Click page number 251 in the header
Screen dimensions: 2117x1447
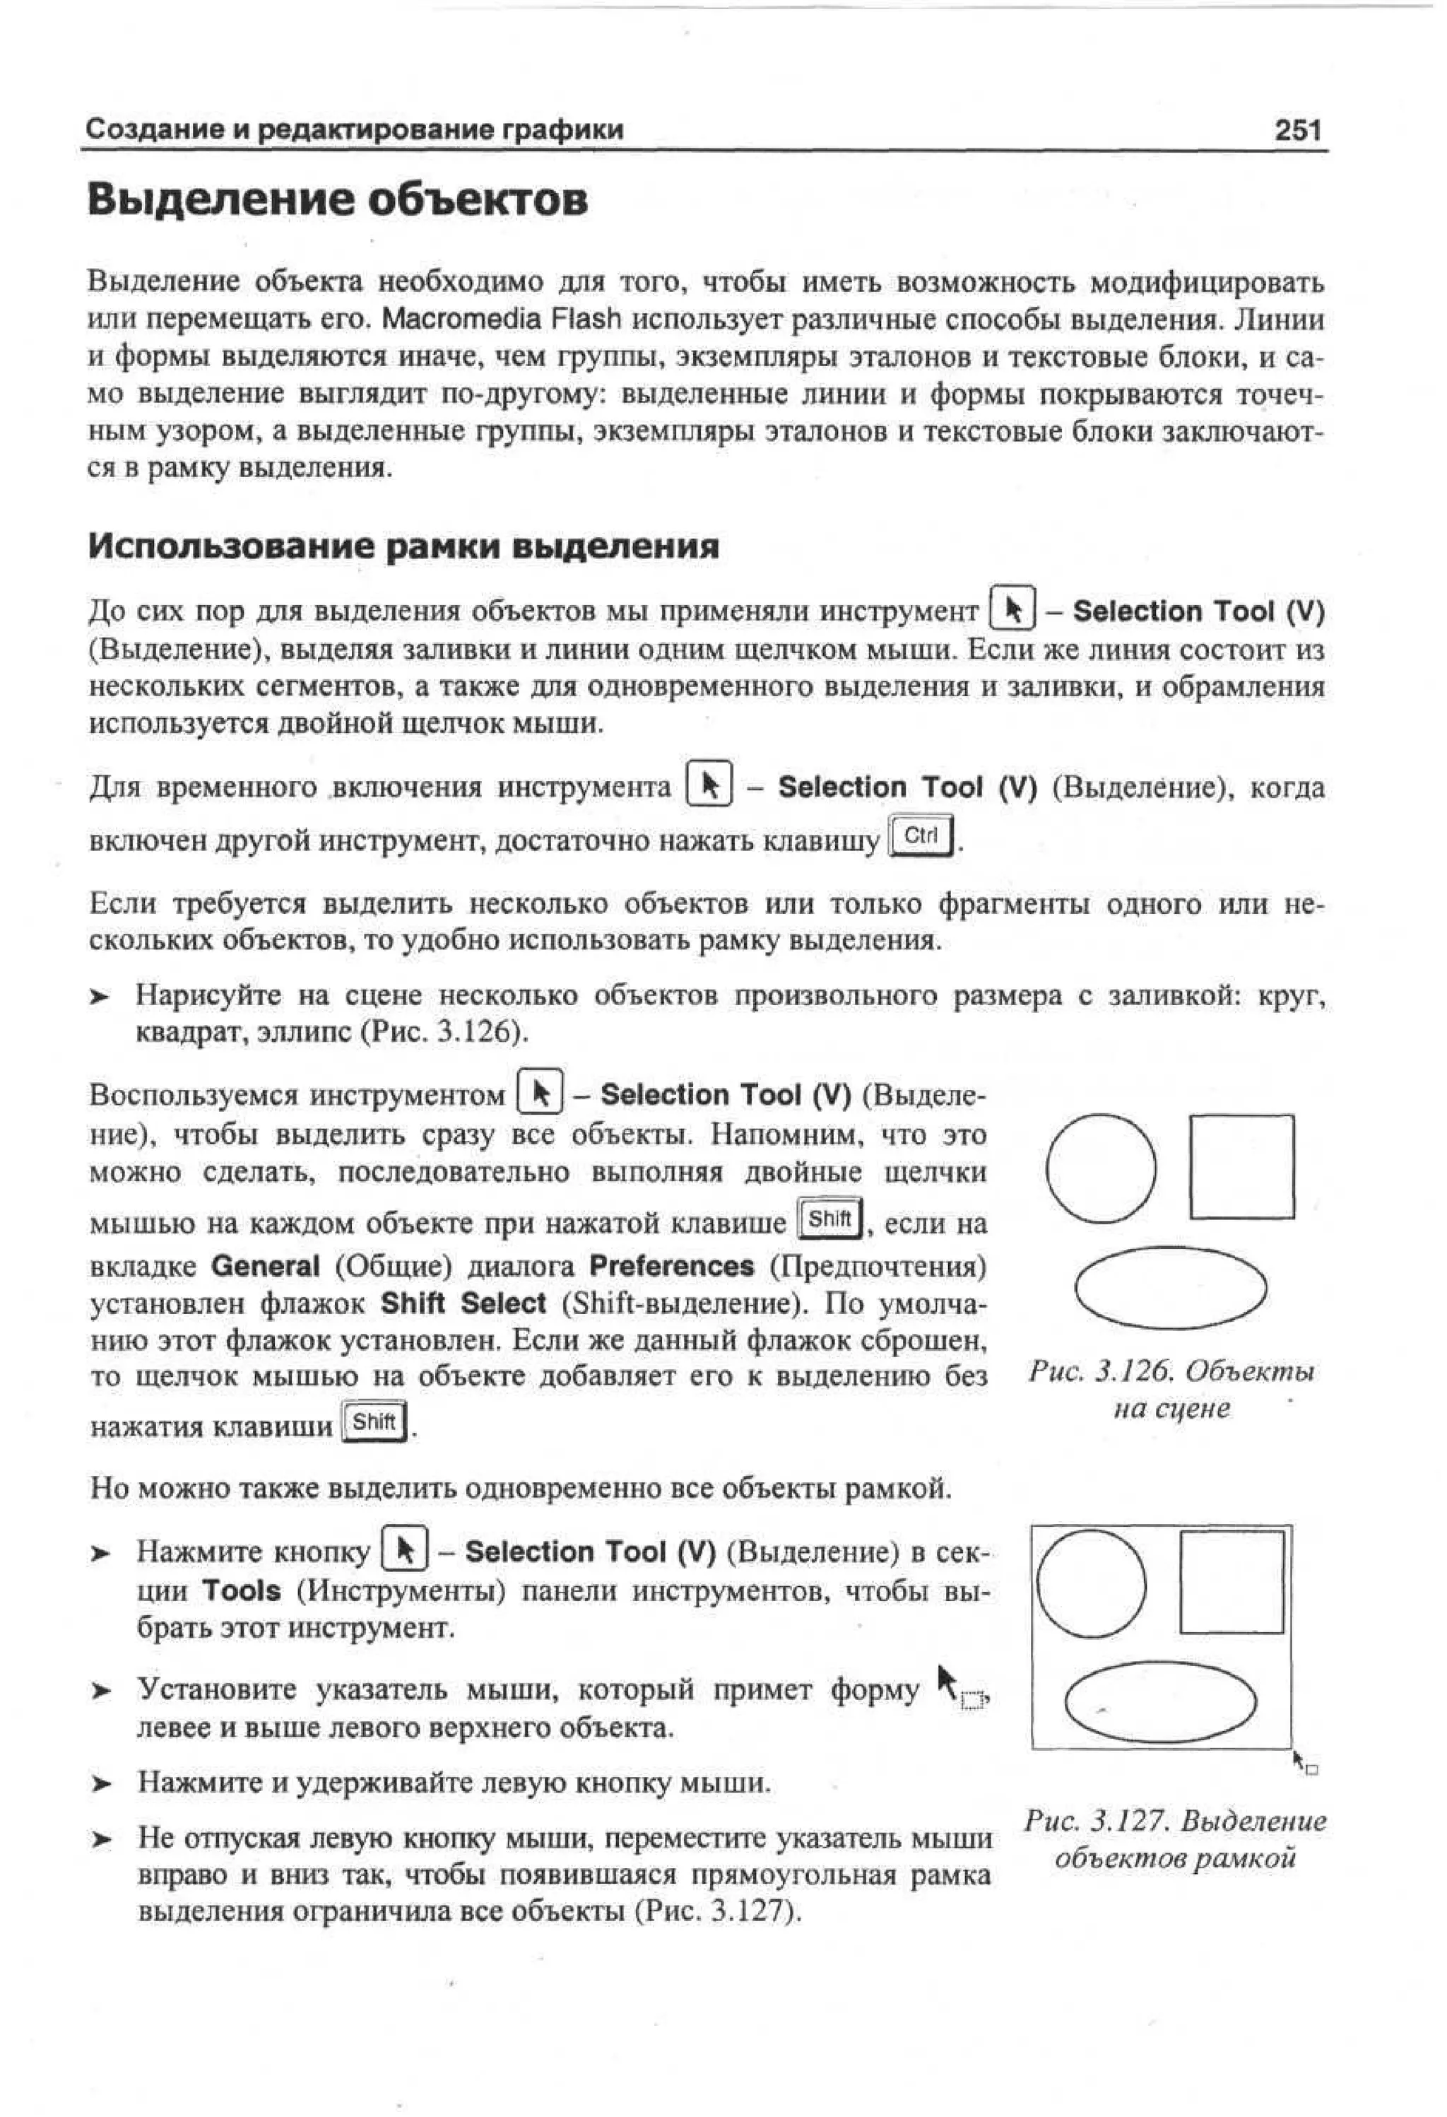(1298, 130)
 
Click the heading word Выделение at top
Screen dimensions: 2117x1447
(224, 199)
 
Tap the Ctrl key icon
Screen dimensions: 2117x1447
(921, 836)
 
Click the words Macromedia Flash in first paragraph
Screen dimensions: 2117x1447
(501, 319)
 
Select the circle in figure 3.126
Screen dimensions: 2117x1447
(1101, 1168)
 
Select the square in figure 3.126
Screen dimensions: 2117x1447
(1241, 1166)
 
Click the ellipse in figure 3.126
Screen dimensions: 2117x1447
(1170, 1287)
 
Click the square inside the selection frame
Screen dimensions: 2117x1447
(1232, 1583)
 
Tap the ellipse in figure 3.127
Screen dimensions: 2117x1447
(1159, 1701)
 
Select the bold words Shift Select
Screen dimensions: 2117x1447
(463, 1303)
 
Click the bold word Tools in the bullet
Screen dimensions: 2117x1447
(242, 1590)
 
